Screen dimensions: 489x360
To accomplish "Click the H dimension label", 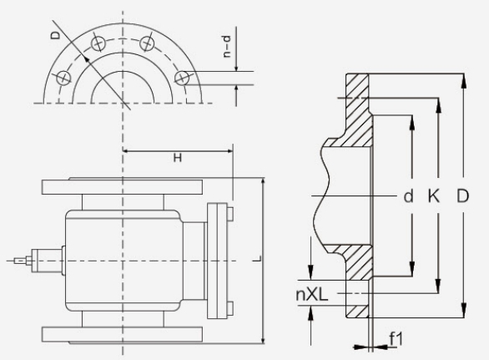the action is coord(178,158).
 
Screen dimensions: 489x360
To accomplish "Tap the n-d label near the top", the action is coord(227,47).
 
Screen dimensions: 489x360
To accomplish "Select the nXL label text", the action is coord(312,294).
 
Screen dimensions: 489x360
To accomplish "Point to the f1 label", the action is coord(396,339).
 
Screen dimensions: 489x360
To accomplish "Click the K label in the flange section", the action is coord(433,196).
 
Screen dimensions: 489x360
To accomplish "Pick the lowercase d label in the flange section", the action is coord(408,196).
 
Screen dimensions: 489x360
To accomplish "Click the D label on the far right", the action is coord(463,196).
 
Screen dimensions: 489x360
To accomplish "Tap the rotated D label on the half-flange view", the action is coord(55,35).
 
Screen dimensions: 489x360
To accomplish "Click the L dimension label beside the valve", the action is coord(258,259).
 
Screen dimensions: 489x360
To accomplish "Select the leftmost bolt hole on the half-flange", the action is coord(63,78).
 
